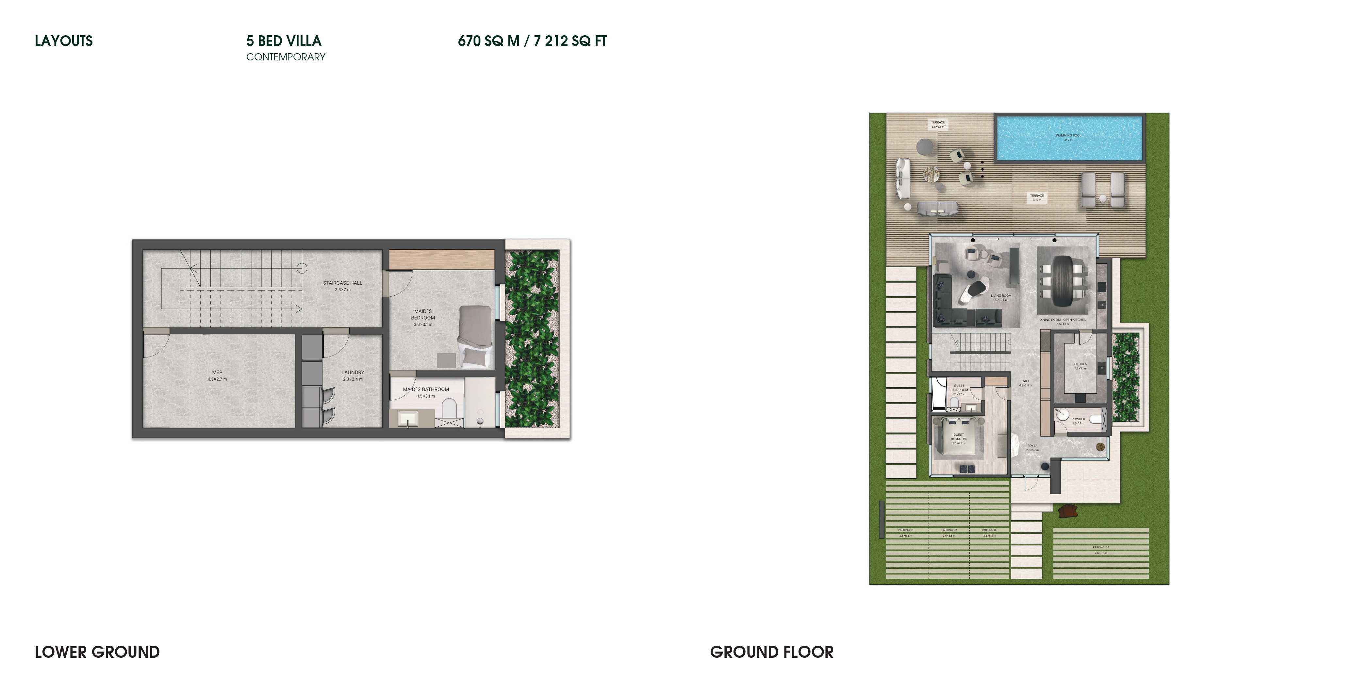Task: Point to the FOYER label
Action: (1032, 446)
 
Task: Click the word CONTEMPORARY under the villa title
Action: (286, 57)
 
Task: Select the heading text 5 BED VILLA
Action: (284, 41)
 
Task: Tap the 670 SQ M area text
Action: (488, 41)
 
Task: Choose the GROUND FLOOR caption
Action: (772, 652)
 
